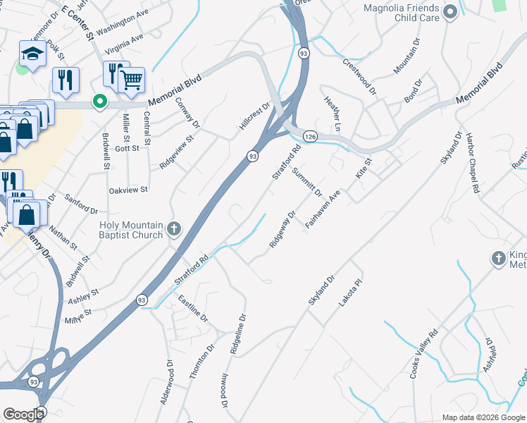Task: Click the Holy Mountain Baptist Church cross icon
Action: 174,228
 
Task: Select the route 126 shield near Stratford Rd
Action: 309,135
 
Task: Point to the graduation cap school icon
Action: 32,53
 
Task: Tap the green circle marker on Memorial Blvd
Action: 101,102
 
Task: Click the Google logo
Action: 23,415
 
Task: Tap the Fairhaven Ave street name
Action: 323,208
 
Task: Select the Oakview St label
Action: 128,190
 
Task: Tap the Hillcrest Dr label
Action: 254,116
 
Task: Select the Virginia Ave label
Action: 123,44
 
